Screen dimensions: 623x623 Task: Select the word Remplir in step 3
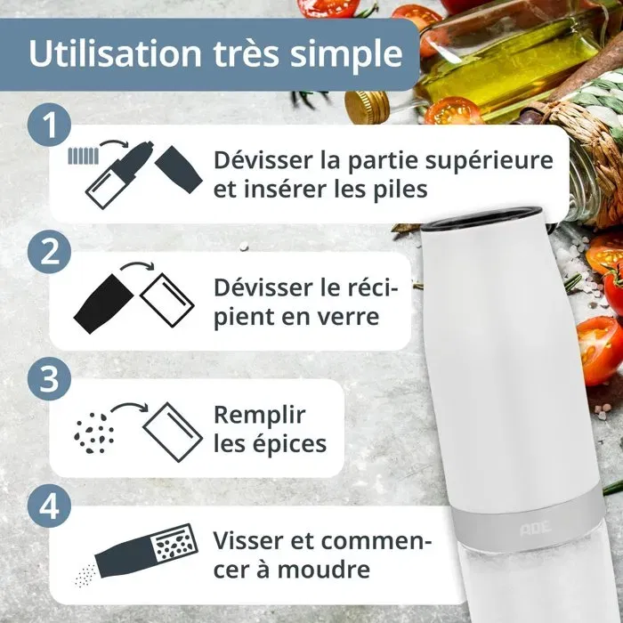[260, 416]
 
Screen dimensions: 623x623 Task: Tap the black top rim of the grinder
[481, 214]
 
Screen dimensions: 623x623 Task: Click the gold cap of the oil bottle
[366, 106]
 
